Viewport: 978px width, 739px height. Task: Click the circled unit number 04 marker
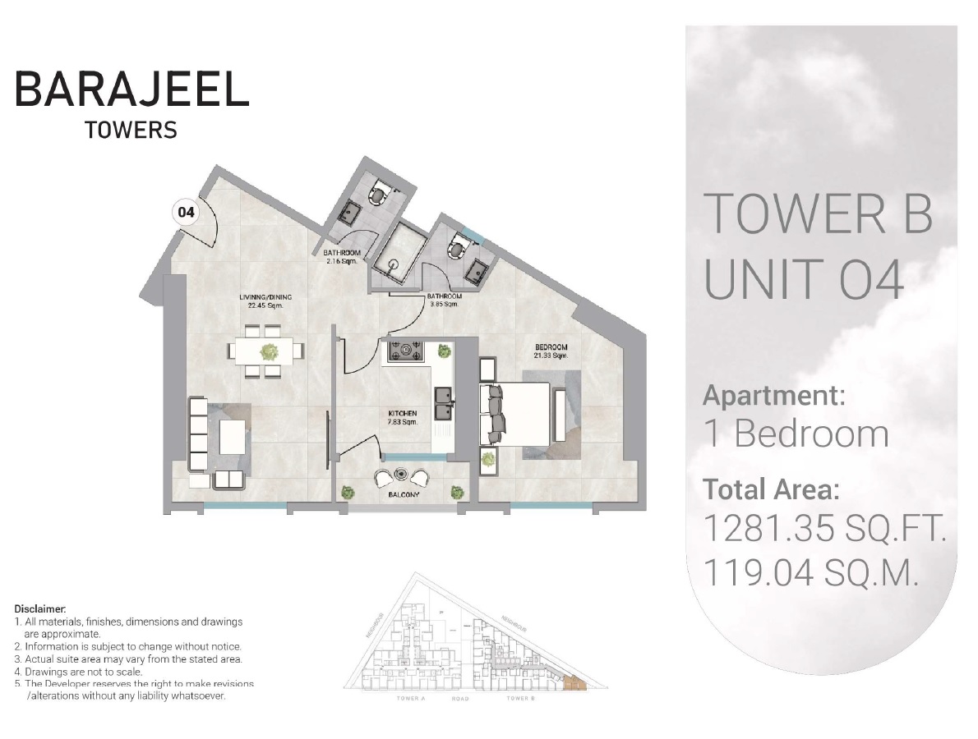coord(187,213)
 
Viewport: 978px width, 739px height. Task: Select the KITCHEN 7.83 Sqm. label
coord(403,417)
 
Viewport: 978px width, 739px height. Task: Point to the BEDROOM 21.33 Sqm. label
coord(550,351)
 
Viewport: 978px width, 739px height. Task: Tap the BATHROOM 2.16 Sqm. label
coord(342,256)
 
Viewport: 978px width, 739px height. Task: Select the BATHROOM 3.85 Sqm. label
coord(444,300)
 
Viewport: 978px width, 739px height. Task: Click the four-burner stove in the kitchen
coord(405,352)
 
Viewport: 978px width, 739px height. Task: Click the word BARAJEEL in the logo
coord(131,89)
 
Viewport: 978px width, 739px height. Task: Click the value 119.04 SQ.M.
coord(810,573)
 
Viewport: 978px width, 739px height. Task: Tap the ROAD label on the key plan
coord(459,698)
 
